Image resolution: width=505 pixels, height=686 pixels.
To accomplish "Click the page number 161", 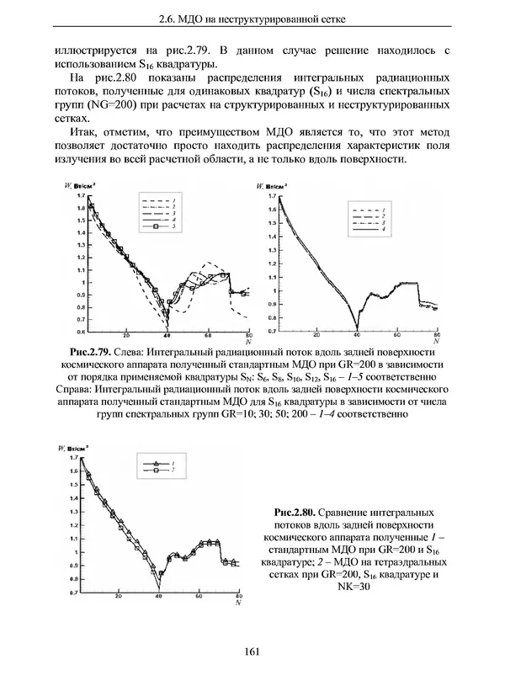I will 252,650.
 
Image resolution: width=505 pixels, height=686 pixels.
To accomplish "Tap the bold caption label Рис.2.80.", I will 301,511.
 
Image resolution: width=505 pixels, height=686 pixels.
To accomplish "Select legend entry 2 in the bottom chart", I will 172,472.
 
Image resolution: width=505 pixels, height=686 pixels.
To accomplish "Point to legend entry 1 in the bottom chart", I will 172,464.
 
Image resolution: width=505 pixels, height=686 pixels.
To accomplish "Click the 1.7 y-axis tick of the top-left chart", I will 80,195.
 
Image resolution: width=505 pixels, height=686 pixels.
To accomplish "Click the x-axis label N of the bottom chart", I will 239,603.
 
